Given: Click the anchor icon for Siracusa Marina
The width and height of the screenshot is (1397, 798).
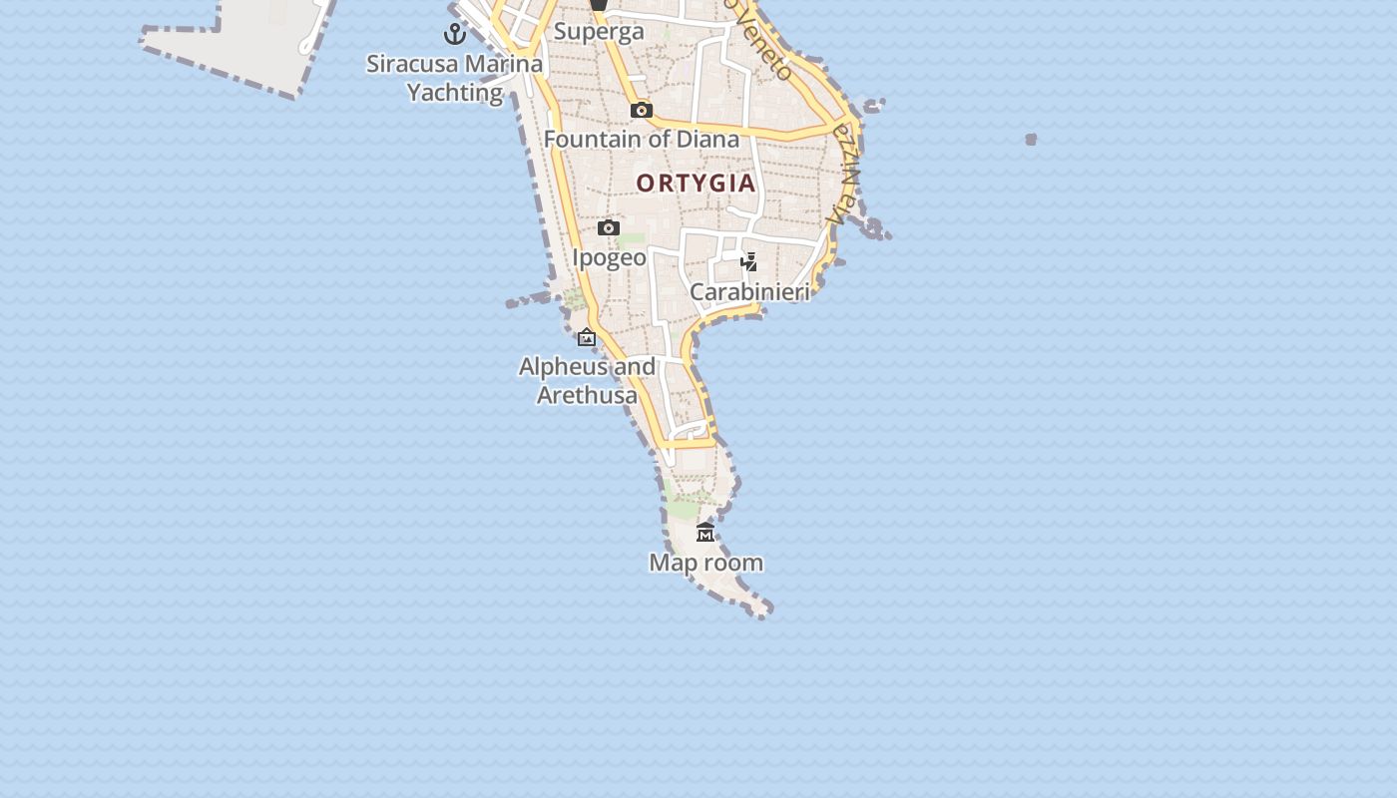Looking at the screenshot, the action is pos(455,34).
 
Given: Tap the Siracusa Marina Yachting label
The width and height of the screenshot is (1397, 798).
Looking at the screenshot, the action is pos(455,78).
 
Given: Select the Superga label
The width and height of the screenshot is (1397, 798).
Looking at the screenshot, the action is pos(599,31).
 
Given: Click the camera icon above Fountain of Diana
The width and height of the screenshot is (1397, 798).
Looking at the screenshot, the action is pos(642,110).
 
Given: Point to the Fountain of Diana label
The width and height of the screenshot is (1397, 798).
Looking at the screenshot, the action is pos(642,139).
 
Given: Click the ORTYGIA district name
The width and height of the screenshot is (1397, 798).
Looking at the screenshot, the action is pos(697,184).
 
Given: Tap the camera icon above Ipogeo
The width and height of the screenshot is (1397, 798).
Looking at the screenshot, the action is pos(609,228).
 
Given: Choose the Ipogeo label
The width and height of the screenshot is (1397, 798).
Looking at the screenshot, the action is pos(609,257).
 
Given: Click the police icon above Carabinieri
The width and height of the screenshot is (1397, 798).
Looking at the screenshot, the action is pos(748,262).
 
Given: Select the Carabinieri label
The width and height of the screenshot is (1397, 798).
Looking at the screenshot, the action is pos(749,291).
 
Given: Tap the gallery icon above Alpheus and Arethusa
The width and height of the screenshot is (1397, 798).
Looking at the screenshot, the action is pos(587,338).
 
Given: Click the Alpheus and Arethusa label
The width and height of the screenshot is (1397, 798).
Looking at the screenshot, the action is pos(587,380).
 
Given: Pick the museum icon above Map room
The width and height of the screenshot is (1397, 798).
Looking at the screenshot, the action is pos(705,532).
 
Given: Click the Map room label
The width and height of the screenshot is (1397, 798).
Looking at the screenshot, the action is pos(705,563).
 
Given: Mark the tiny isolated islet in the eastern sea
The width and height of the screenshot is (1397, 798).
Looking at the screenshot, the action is pos(1031,140).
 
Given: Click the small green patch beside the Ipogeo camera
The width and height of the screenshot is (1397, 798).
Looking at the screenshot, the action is pos(632,240).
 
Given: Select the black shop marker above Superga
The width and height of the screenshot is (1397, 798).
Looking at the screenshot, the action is pos(598,4).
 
